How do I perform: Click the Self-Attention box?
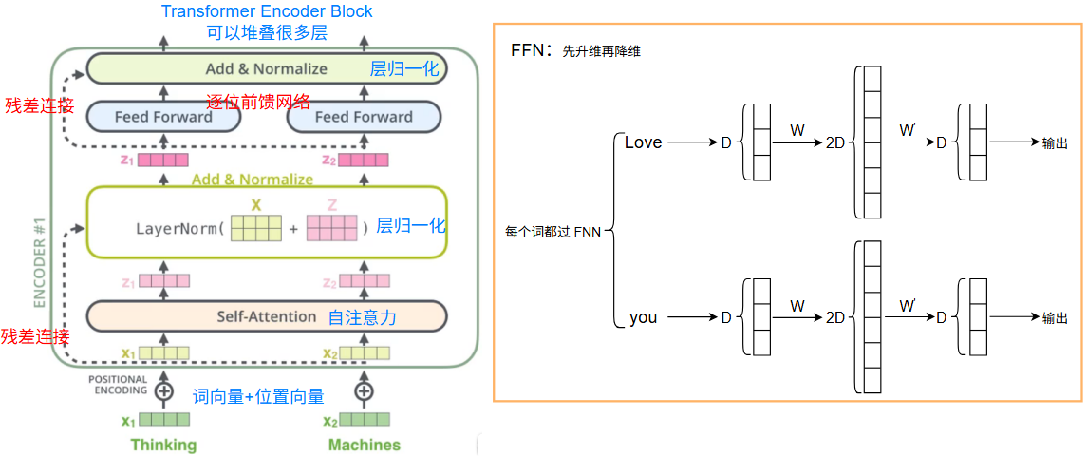(266, 316)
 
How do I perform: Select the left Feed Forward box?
(163, 117)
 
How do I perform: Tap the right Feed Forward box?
(364, 117)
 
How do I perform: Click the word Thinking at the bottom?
(163, 445)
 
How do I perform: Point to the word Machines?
(364, 445)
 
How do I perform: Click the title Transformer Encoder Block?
(267, 11)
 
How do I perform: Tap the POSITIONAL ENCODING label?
(119, 385)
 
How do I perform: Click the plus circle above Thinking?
(164, 389)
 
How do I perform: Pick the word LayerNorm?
(178, 229)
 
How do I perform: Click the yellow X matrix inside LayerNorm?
(256, 229)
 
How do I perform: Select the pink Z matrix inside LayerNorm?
(331, 229)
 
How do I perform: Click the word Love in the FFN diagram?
(643, 142)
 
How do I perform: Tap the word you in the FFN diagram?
(643, 317)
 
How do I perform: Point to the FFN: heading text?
(532, 50)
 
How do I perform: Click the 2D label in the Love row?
(835, 143)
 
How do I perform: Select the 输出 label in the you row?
(1055, 318)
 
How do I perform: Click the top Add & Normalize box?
(267, 69)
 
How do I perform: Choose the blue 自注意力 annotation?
(362, 317)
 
